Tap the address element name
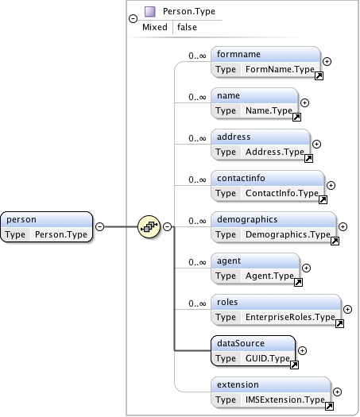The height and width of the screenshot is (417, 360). point(234,137)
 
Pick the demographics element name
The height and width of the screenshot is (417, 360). point(248,219)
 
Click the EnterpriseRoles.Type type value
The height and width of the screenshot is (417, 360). point(289,317)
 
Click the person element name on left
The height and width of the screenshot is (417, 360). point(21,219)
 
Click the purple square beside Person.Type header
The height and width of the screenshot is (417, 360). point(150,12)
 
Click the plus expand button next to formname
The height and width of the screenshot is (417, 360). point(327,61)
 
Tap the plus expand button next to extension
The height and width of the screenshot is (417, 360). point(338,392)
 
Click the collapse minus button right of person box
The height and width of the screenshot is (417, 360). point(100,226)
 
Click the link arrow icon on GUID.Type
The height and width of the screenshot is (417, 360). point(294,365)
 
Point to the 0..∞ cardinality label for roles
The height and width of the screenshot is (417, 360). point(198,303)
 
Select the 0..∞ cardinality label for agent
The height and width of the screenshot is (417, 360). point(198,262)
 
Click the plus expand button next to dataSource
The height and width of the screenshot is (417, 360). point(303,350)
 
